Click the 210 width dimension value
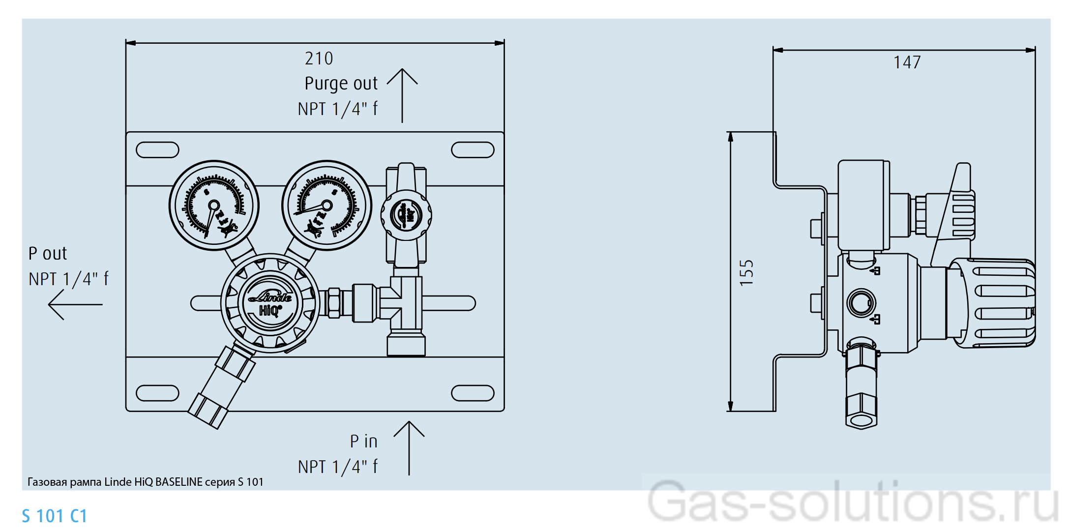[x=319, y=59]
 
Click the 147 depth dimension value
[x=907, y=62]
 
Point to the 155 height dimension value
[x=746, y=272]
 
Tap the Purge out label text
[x=341, y=84]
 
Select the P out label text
[x=48, y=254]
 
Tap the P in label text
[x=363, y=442]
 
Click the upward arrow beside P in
[x=409, y=447]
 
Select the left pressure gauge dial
[x=214, y=205]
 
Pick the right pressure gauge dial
[x=327, y=205]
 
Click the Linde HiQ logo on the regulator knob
[x=270, y=303]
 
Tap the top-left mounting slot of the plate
[x=157, y=150]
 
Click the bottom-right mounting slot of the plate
[x=473, y=393]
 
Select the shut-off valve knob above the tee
[x=406, y=215]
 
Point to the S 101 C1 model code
[x=55, y=516]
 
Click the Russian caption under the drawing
[x=146, y=482]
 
